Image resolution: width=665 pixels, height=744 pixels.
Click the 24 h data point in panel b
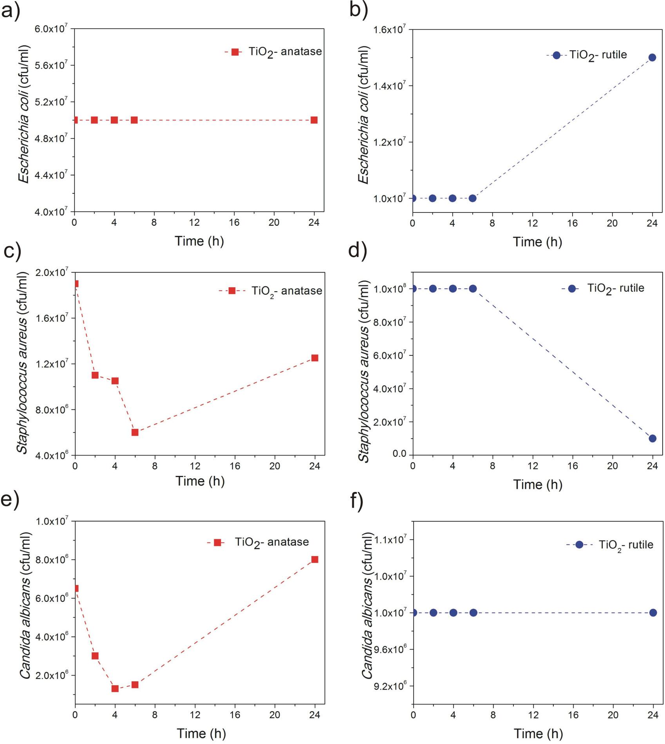[652, 58]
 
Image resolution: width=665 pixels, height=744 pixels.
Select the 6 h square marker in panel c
[135, 432]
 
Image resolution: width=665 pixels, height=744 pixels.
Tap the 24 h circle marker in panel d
[652, 438]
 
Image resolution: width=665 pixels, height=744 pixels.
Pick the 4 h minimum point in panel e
[115, 689]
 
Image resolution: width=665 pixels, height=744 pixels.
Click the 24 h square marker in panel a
[314, 120]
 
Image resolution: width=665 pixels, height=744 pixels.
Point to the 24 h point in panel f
[653, 613]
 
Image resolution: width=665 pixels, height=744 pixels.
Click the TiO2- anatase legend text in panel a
[285, 52]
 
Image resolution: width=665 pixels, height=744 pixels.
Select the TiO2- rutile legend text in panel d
[616, 289]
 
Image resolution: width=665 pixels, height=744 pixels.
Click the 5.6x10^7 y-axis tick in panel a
[51, 65]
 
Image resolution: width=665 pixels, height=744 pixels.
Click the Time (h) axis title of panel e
[201, 733]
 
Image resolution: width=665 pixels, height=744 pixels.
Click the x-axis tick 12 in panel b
[532, 223]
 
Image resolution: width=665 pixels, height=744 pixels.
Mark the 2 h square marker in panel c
[95, 375]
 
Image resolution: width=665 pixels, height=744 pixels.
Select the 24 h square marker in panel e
[314, 560]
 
